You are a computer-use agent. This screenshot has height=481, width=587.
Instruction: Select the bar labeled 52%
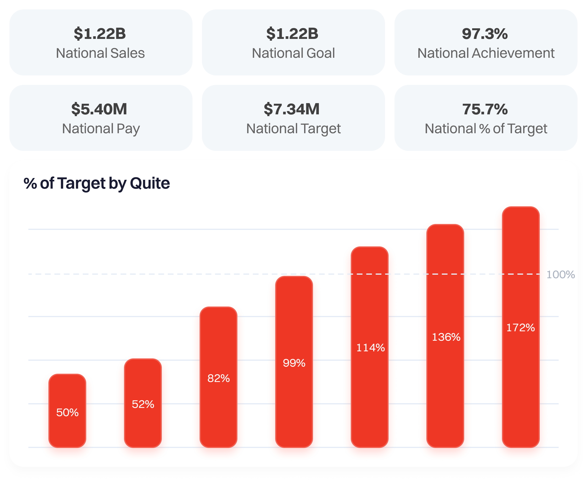(143, 403)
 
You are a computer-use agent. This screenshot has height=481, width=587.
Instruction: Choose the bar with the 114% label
(370, 347)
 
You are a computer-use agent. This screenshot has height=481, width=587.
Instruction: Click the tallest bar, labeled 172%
(521, 327)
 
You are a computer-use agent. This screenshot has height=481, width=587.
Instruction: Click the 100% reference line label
(560, 275)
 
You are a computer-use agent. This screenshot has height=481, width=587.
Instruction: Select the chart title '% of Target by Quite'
(97, 183)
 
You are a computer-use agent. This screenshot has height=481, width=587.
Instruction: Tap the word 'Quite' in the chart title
(150, 183)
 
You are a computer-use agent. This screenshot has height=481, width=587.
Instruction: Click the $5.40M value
(99, 109)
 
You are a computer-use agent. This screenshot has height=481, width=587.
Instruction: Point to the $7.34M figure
(292, 109)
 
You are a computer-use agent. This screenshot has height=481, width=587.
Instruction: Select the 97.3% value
(485, 34)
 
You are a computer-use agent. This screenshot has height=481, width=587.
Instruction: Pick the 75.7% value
(485, 109)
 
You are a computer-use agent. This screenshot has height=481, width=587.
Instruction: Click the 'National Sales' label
(100, 53)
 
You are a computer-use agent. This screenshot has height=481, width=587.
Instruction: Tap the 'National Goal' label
(293, 53)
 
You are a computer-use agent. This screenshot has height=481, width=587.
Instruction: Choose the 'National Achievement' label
(486, 53)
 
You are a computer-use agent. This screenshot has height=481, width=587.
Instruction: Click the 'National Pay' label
(101, 129)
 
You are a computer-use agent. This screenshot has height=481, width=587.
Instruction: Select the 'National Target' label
(293, 129)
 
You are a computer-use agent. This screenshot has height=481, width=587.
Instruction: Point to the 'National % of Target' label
(486, 129)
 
